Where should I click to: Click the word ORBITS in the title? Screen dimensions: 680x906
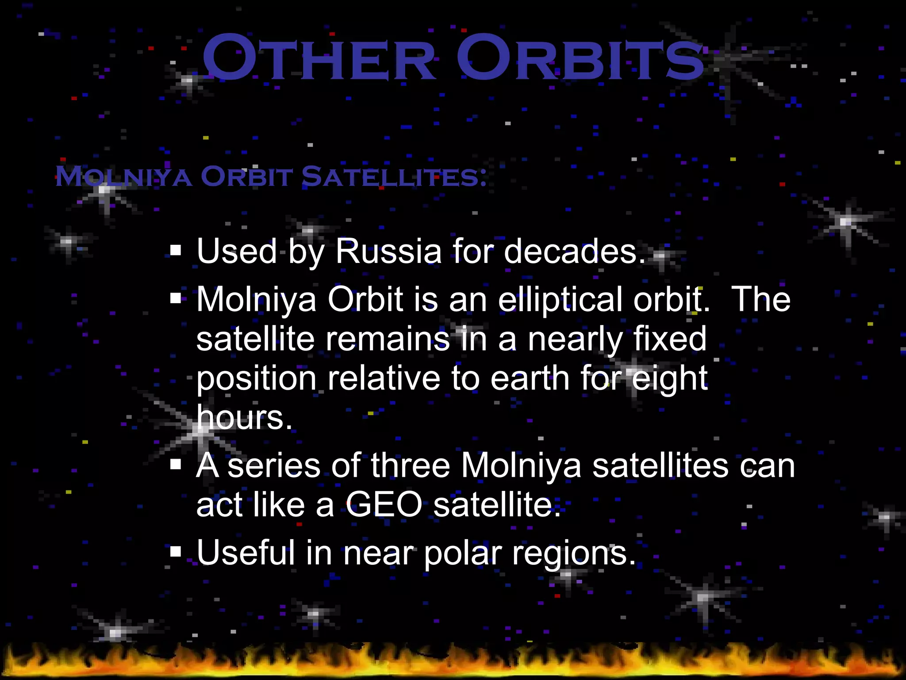[x=580, y=59]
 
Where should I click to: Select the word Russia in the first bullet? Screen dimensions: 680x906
[x=388, y=251]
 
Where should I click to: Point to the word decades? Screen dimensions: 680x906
[x=575, y=251]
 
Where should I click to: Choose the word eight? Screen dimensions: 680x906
[x=670, y=379]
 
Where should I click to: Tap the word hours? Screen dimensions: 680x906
[x=244, y=417]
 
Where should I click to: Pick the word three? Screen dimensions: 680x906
[x=411, y=466]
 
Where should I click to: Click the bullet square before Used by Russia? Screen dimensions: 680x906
[x=176, y=251]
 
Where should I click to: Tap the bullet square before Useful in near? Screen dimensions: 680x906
[x=176, y=552]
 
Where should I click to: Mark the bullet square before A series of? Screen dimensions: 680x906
[x=176, y=465]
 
